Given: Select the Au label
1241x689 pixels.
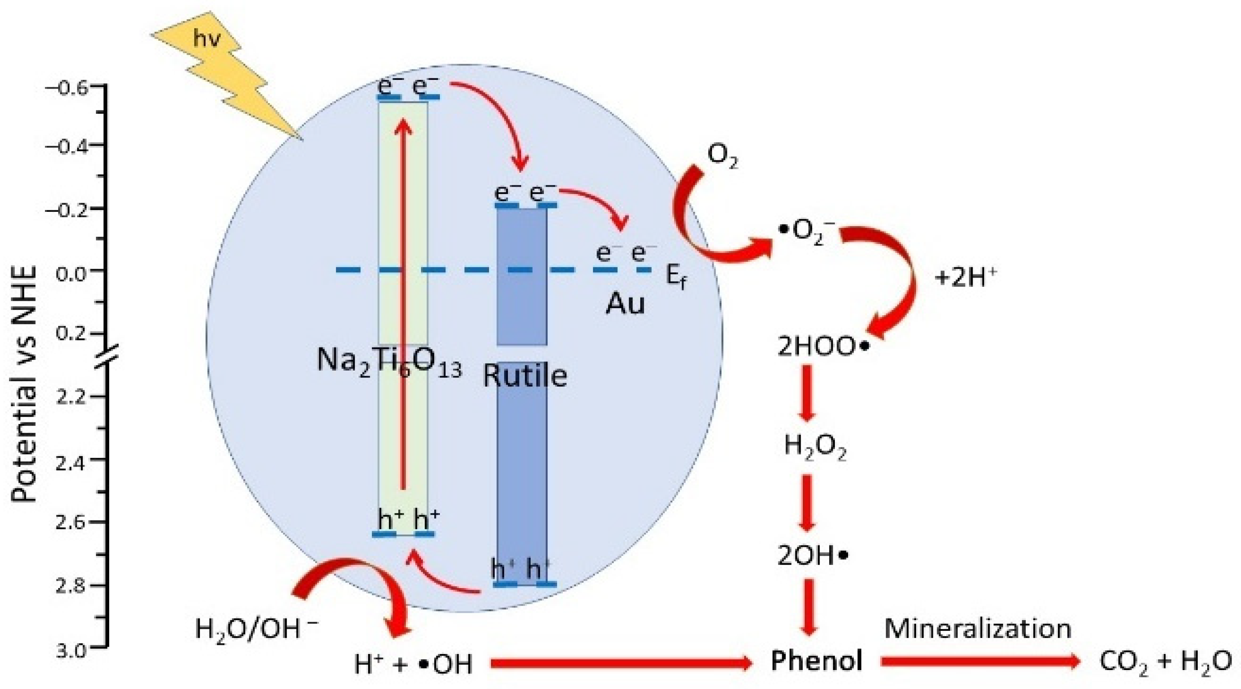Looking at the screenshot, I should coord(625,304).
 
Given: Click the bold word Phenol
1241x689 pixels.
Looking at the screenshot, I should coord(816,661).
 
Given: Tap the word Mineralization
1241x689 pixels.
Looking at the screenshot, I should coord(978,628).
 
